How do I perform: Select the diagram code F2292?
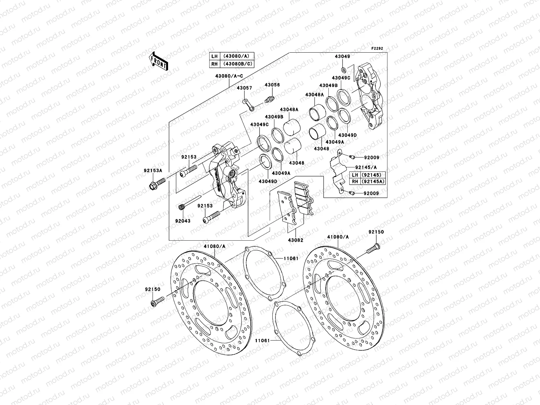coord(378,49)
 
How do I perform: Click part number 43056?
coord(272,85)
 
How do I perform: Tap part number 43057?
coord(244,88)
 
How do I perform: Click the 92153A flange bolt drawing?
coord(156,184)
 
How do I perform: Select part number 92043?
coord(183,221)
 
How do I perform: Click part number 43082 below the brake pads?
coord(295,240)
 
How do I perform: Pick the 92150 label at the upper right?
coord(376,232)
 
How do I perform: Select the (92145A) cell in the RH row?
coord(373,182)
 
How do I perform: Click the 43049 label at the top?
coord(342,57)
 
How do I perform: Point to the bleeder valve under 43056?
coord(270,100)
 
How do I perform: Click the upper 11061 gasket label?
coord(291,258)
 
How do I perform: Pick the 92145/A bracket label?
coord(366,167)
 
